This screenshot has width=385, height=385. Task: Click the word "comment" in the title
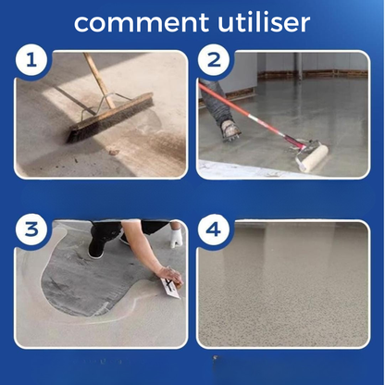142,22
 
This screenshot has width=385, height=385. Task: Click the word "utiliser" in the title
264,21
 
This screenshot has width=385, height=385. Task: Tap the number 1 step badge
31,59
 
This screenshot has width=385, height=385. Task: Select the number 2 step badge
214,60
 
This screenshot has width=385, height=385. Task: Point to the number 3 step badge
31,230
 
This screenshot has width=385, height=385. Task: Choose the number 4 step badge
214,230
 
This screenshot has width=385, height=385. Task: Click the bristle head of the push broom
110,118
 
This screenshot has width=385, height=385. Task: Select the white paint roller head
312,158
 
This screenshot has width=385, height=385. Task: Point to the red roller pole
250,115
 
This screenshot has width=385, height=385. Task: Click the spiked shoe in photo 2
230,130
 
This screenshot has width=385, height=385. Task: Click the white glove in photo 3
177,238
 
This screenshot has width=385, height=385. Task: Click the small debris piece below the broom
114,152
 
